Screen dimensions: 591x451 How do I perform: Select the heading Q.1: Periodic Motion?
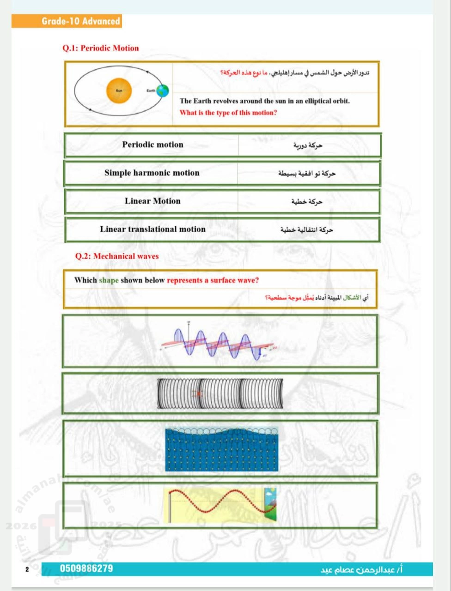100,48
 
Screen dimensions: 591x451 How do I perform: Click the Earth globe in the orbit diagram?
162,90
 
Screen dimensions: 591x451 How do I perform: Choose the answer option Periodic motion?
152,145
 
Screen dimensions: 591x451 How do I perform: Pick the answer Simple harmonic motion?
152,173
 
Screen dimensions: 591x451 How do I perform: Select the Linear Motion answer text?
152,201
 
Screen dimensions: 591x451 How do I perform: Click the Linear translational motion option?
152,229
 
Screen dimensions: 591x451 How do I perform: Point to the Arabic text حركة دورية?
308,145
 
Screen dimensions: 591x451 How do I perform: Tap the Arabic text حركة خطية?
307,202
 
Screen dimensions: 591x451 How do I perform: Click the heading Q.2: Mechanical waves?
116,256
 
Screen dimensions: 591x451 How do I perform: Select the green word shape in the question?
109,280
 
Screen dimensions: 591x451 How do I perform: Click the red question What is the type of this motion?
228,113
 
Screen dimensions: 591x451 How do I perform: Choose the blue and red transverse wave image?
217,343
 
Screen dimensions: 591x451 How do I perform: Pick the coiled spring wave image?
219,394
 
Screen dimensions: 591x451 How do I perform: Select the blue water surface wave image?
222,449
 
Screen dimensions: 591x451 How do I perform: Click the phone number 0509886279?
86,568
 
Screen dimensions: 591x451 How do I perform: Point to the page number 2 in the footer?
27,569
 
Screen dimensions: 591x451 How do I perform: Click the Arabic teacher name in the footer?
362,570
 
